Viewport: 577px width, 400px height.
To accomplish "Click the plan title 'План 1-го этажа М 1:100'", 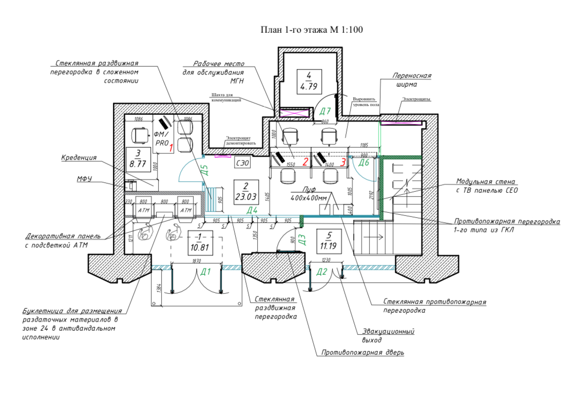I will coord(312,30).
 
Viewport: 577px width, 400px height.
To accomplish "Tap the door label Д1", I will coord(206,272).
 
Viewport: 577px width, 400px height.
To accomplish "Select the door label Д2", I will coord(322,272).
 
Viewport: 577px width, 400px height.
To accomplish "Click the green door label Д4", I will coord(252,210).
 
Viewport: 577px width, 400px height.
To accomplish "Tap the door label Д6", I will coord(364,163).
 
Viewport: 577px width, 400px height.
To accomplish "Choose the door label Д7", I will coord(325,111).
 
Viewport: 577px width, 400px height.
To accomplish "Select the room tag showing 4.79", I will coord(309,82).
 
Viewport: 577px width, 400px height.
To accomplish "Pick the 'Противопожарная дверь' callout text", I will coord(363,353).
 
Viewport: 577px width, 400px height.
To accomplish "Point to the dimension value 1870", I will coord(196,261).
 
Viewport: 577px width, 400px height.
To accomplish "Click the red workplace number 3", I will coord(343,162).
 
